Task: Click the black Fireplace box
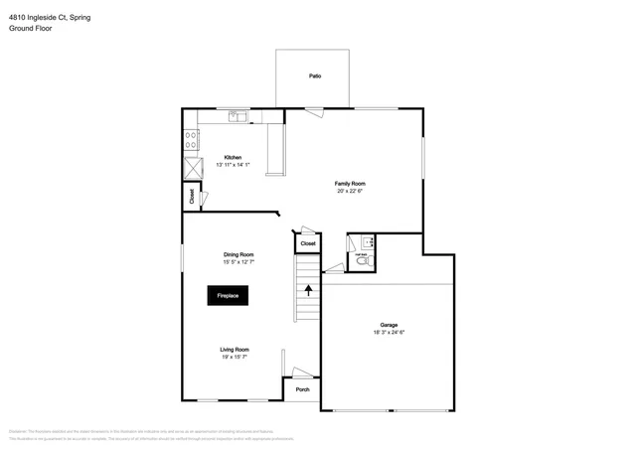click(x=228, y=295)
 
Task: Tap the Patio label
click(x=314, y=76)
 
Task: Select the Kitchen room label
click(x=233, y=158)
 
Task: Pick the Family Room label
click(x=351, y=184)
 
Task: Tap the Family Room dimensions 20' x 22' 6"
click(x=351, y=191)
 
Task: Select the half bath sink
click(x=366, y=241)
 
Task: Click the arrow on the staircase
click(x=308, y=290)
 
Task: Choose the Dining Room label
click(x=238, y=255)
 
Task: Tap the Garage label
click(x=389, y=325)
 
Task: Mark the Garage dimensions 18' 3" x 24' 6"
click(x=389, y=332)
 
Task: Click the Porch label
click(x=303, y=388)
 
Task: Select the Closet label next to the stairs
click(x=308, y=243)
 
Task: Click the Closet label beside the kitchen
click(x=192, y=197)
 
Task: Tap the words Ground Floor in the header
click(x=31, y=29)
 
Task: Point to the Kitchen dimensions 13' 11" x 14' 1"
click(x=233, y=165)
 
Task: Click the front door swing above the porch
click(x=301, y=373)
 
